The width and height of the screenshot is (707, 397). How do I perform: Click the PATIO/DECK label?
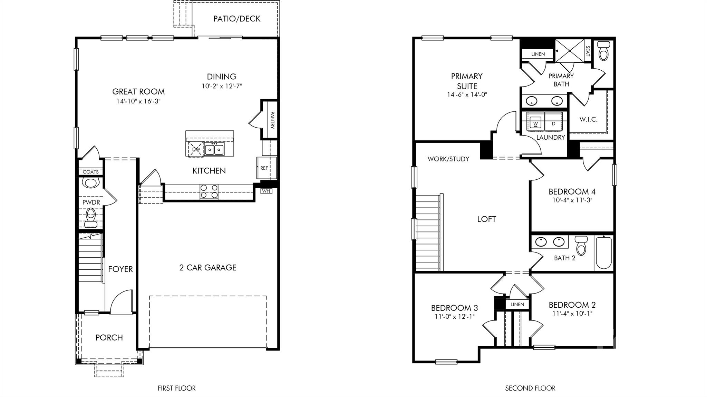tap(237, 19)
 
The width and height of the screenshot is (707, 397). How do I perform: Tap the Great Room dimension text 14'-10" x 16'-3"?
tap(138, 101)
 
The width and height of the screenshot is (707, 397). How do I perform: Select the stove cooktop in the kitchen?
tap(209, 192)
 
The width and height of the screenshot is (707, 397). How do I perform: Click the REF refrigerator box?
tap(267, 168)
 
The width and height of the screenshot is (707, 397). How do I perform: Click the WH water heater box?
tap(266, 191)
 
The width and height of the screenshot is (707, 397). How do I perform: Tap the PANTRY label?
tap(272, 120)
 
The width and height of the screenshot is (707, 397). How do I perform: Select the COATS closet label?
tap(90, 172)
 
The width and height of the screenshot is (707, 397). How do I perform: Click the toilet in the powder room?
tap(90, 217)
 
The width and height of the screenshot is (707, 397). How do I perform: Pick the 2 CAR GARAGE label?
tap(208, 268)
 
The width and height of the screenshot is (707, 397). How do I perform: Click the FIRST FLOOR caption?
tap(177, 388)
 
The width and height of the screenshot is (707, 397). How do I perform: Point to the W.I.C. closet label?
tap(588, 119)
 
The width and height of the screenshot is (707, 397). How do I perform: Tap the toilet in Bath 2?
tap(581, 245)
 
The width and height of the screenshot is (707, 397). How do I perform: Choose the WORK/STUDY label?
tap(448, 159)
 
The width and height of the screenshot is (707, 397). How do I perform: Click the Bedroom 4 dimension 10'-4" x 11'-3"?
tap(572, 200)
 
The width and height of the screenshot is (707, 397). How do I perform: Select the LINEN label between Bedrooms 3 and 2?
tap(517, 304)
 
